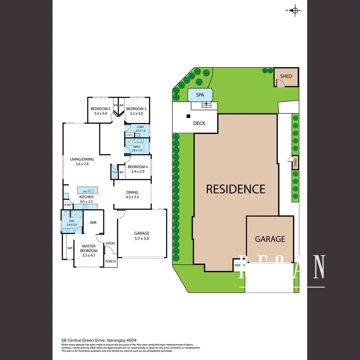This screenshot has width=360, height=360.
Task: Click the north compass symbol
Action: coord(295,10)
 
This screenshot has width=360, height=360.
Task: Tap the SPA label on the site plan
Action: coord(200,95)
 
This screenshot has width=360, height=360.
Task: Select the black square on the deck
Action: coord(188,116)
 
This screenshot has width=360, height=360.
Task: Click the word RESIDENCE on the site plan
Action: coord(236,189)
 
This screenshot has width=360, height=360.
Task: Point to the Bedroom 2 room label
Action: coord(101,109)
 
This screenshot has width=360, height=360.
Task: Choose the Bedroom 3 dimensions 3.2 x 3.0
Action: coord(136,114)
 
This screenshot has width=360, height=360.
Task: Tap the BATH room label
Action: coord(137,147)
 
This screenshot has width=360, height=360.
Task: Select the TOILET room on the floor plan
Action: coord(114,172)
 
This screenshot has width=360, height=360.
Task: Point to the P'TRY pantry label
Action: coord(68,205)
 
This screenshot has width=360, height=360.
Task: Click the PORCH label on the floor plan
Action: coord(110,261)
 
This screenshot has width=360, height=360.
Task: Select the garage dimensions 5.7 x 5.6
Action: coord(142,238)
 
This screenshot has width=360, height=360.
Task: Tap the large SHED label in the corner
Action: coord(286,76)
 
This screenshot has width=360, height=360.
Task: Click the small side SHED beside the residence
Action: coord(295,163)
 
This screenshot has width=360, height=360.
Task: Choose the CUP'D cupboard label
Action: coord(129,135)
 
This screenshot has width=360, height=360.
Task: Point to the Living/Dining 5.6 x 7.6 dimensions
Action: coord(82,164)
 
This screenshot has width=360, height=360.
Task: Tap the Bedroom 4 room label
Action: coord(136,167)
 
